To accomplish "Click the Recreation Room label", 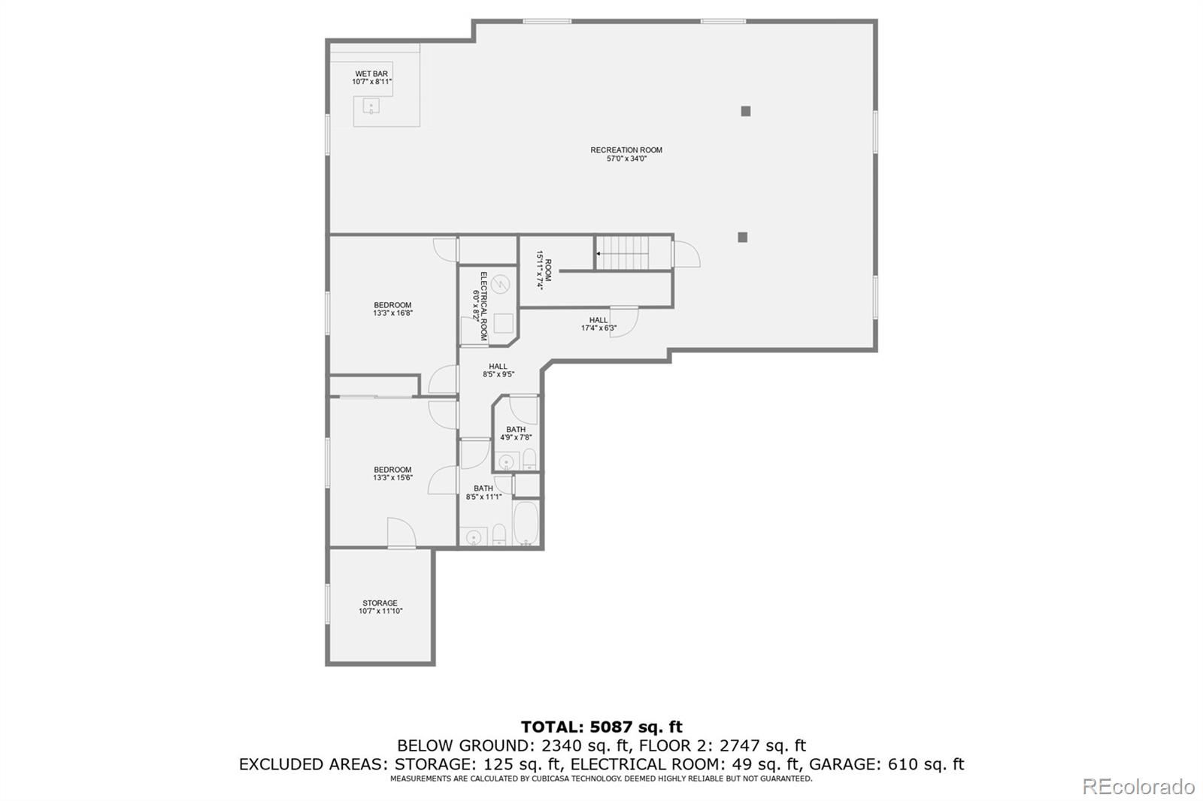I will [x=626, y=154].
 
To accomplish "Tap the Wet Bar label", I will [x=371, y=77].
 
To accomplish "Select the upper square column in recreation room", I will [x=746, y=111].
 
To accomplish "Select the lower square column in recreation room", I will [x=743, y=237].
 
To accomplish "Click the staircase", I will [x=623, y=252].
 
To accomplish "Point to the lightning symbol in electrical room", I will [x=502, y=284].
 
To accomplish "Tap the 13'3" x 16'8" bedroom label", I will [x=392, y=309].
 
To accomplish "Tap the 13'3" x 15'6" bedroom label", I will [x=392, y=473].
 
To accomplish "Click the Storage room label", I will [x=380, y=607].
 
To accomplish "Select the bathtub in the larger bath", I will [x=525, y=523].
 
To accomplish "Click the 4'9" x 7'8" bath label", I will [x=516, y=433].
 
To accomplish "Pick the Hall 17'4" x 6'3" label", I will [x=598, y=324].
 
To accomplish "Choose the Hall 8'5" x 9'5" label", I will [x=498, y=370].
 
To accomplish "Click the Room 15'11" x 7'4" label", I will [x=544, y=271].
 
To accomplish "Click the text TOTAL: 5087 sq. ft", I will [x=601, y=727].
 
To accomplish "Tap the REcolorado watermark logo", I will [x=1138, y=786].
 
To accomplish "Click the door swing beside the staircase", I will [x=685, y=254].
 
